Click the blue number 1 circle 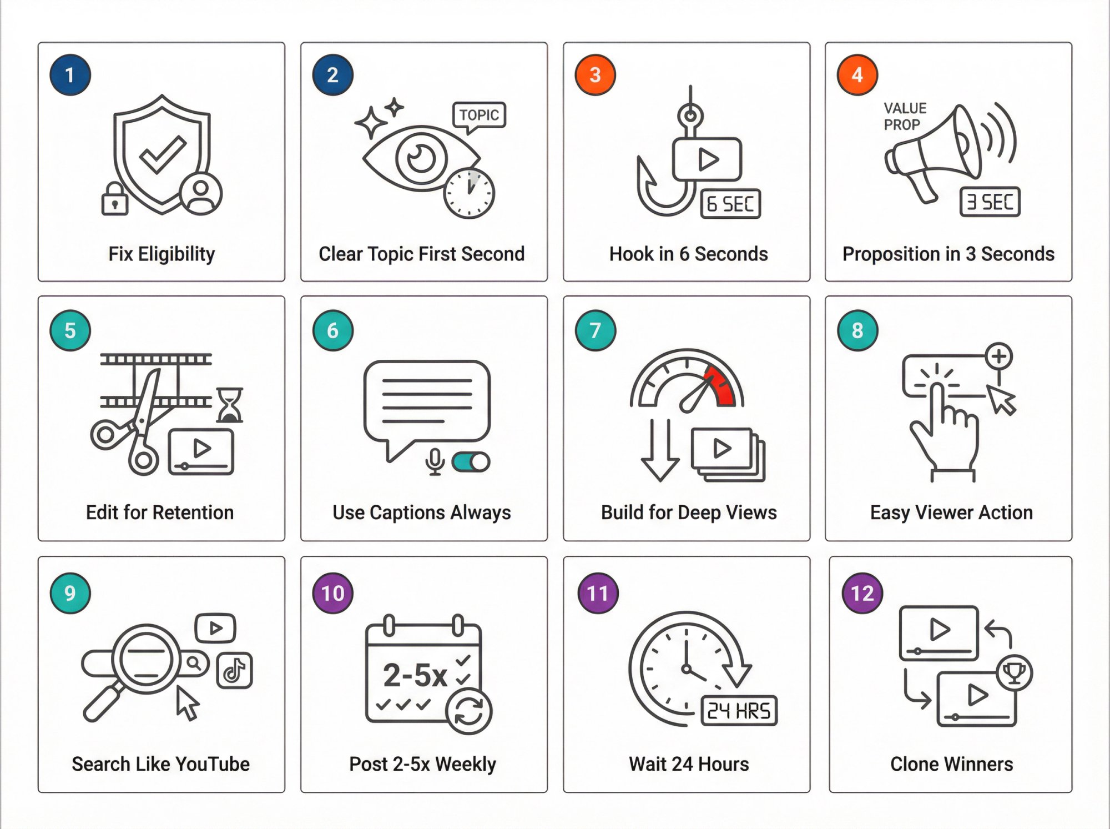70,75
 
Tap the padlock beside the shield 114,200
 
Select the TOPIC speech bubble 479,115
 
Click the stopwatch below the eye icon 470,193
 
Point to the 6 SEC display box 730,204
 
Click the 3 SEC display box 990,202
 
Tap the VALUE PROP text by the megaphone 905,116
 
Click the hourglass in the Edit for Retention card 229,405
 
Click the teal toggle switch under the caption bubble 471,462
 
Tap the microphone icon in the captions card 435,461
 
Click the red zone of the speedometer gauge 722,386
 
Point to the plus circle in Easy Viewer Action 999,356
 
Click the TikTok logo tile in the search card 234,671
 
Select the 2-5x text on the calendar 415,675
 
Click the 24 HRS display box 739,711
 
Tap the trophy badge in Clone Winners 1015,673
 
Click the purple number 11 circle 598,593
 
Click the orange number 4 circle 857,75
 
